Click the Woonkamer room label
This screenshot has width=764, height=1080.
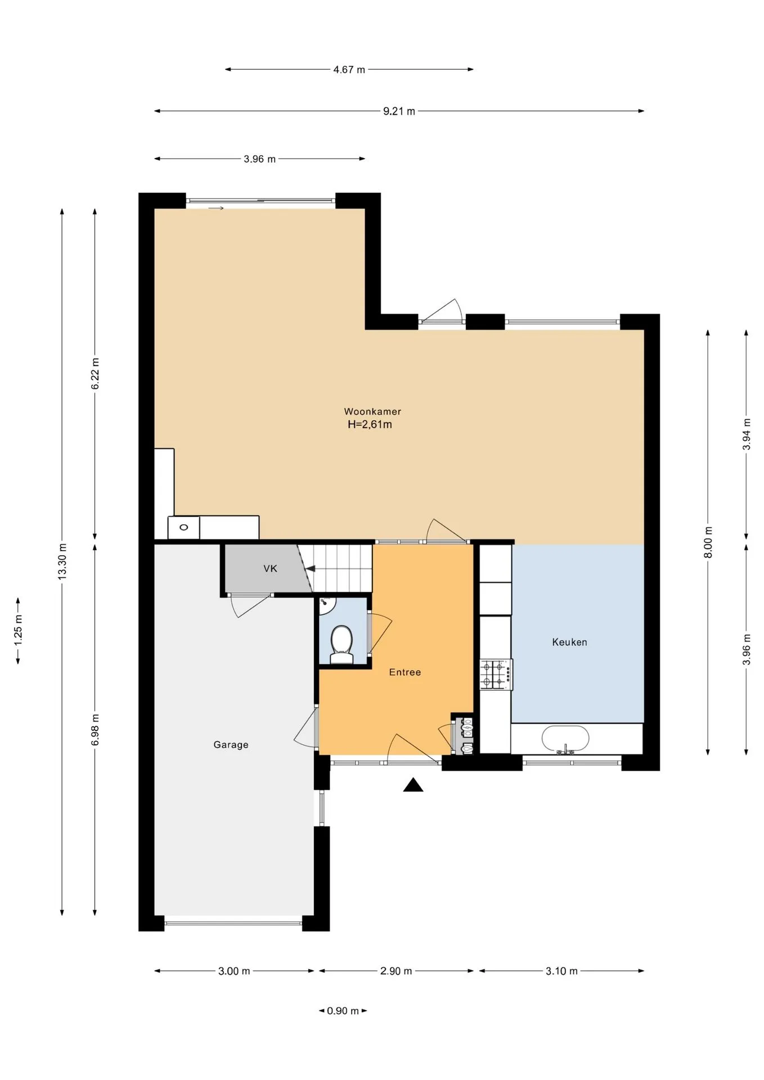point(372,412)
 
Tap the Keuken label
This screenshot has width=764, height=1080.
point(569,642)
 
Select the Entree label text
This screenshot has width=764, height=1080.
point(405,672)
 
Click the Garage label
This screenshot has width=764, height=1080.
point(231,745)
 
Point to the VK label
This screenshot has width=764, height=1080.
point(271,569)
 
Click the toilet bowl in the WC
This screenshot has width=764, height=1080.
point(341,645)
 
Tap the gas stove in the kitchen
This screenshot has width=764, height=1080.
point(496,674)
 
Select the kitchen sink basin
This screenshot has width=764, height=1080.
point(565,739)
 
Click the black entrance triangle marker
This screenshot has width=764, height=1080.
point(413,785)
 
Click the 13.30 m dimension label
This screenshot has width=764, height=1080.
point(62,561)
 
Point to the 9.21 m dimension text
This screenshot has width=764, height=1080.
point(399,111)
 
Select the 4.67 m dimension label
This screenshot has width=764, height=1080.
point(349,70)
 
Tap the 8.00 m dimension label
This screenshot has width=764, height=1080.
point(708,542)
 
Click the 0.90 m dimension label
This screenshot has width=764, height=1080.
point(343,1011)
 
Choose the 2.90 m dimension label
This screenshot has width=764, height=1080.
point(396,971)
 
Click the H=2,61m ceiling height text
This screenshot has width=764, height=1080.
point(370,425)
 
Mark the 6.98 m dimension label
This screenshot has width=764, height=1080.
point(95,730)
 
